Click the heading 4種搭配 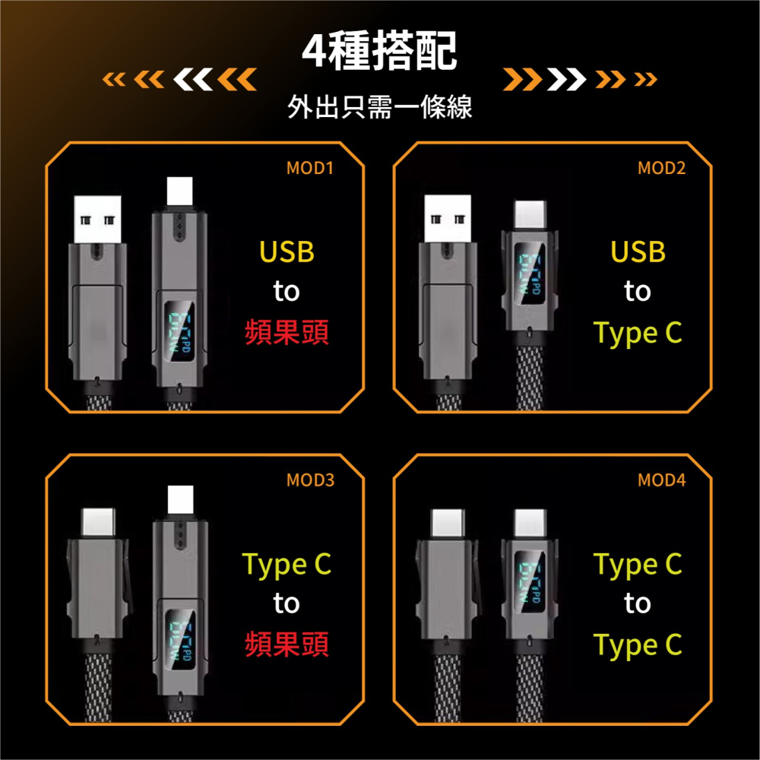point(379,52)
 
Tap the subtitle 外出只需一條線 point(380,107)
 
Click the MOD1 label point(310,168)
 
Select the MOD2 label point(661,168)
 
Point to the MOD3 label point(310,480)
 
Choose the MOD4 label point(661,480)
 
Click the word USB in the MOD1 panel point(287,252)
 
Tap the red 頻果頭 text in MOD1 point(287,332)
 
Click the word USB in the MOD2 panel point(638,252)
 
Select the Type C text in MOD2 point(638,333)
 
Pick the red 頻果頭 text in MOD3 point(287,644)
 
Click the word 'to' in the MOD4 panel point(638,604)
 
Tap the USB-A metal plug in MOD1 point(98,220)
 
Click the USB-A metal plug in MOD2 point(448,220)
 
